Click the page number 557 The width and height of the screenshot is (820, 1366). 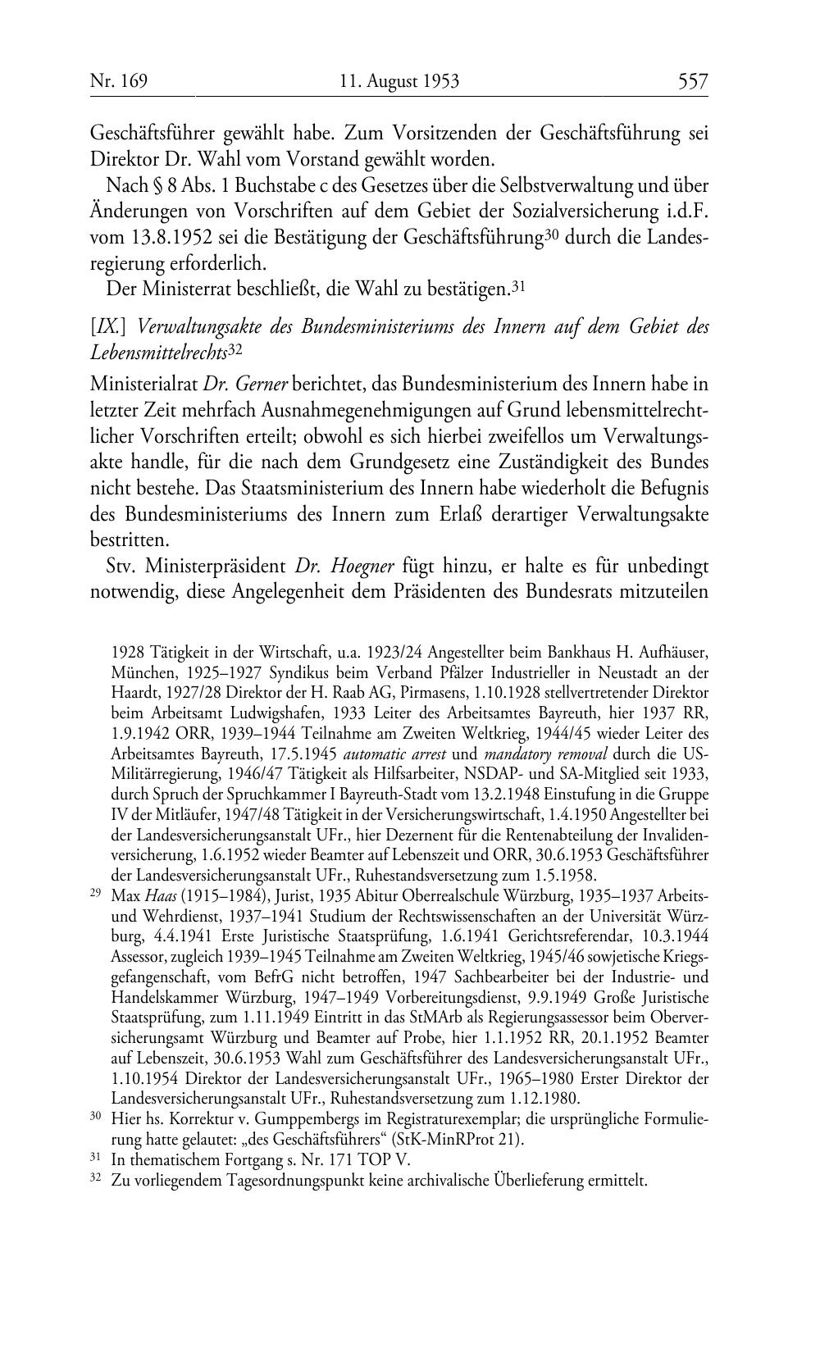tap(692, 81)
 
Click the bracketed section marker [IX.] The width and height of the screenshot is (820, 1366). tap(110, 326)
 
